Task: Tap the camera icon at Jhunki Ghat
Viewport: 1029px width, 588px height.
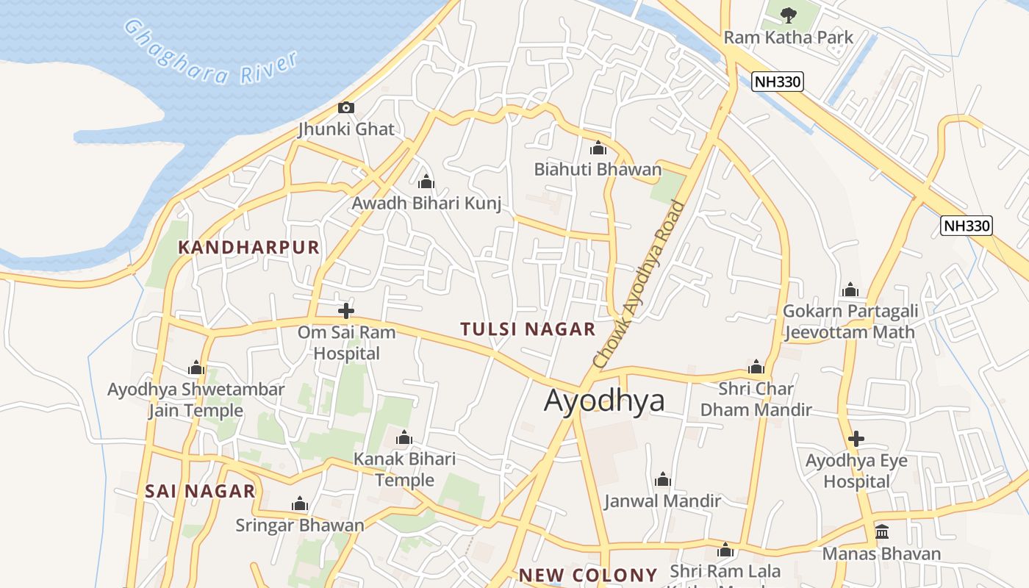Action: coord(345,108)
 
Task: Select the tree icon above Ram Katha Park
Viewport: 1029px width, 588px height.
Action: coord(789,14)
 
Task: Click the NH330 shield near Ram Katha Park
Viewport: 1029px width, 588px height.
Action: coord(778,81)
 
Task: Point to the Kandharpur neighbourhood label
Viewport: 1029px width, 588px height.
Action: coord(249,247)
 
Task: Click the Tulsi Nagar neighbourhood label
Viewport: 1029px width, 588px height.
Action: coord(528,329)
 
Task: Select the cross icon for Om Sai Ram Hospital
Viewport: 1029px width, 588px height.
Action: coord(345,311)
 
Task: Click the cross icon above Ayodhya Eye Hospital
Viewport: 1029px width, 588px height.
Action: coord(856,440)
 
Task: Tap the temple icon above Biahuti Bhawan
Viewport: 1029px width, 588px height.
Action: coord(598,148)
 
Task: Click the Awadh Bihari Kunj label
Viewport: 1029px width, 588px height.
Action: coord(426,204)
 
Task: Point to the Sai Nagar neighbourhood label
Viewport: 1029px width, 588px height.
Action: coord(200,491)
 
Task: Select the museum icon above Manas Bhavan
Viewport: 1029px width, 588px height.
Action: coord(881,532)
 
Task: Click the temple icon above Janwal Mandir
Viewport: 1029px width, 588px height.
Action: coord(663,480)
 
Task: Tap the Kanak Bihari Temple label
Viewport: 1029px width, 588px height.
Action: coord(404,470)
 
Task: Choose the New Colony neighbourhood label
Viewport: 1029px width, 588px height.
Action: coord(588,575)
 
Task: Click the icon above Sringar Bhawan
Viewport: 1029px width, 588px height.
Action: coord(299,504)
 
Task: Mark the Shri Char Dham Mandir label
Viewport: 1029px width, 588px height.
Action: coord(756,399)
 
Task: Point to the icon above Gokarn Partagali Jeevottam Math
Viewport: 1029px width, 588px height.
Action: coord(850,290)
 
